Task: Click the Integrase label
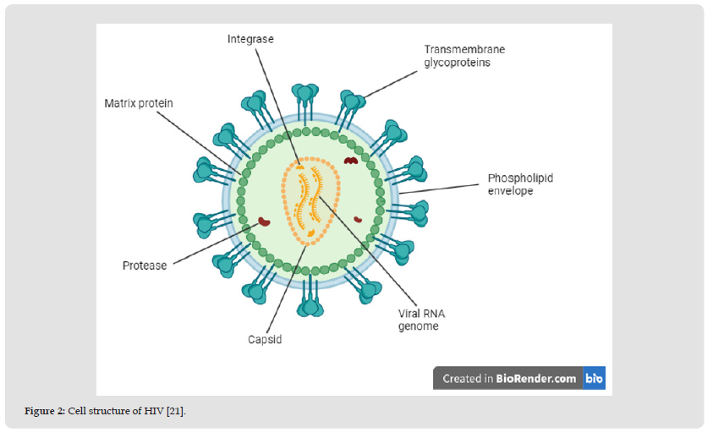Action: tap(250, 39)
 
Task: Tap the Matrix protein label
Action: tap(139, 103)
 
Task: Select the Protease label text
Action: tap(145, 266)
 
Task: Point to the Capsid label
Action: tap(265, 339)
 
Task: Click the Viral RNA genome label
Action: tap(421, 320)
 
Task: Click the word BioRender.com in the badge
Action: tap(537, 379)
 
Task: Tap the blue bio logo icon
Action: tap(594, 378)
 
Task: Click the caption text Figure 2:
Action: tap(45, 411)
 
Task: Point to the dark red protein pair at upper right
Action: tap(349, 159)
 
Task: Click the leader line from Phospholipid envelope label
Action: tap(440, 188)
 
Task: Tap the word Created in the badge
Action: tap(462, 379)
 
